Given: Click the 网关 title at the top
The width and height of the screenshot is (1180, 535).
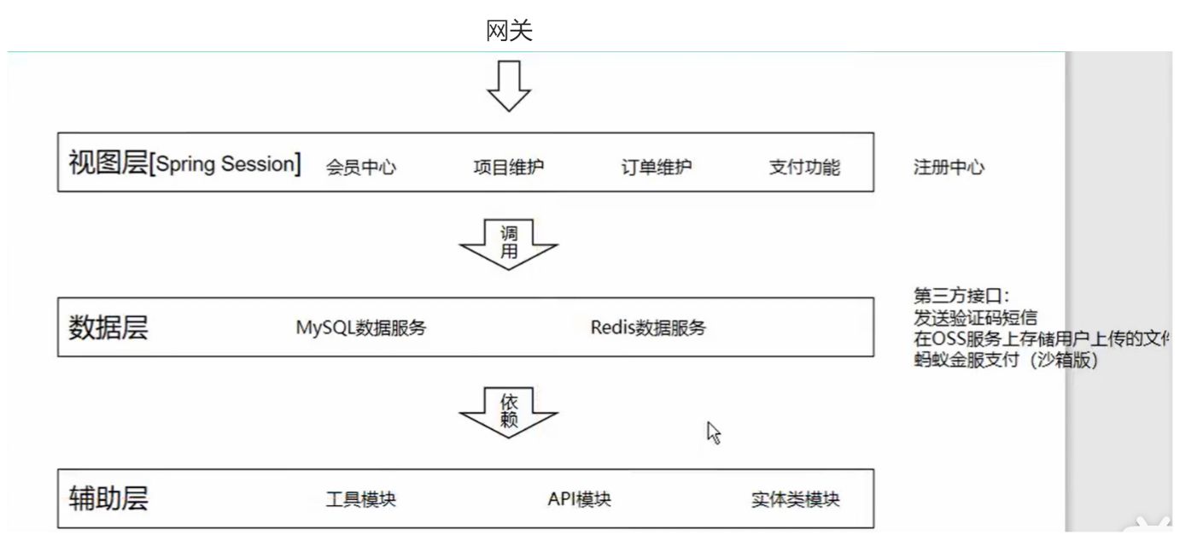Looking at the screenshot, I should [x=510, y=32].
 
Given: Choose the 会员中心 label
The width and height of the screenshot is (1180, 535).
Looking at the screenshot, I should [x=361, y=168].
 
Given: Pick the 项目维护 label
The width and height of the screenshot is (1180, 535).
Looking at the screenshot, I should [x=509, y=168].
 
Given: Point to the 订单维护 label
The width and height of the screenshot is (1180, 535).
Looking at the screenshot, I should [x=657, y=168].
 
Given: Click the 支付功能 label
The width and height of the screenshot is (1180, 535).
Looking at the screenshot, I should [x=804, y=168].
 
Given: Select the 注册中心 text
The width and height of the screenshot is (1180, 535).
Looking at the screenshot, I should [x=949, y=168].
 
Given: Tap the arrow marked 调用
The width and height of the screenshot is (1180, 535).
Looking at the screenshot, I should [x=509, y=244].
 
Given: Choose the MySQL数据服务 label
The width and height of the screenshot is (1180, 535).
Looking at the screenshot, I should [x=361, y=327].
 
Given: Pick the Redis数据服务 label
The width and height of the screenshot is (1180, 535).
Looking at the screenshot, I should [x=649, y=327].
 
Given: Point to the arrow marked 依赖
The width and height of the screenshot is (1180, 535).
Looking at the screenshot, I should [x=509, y=411].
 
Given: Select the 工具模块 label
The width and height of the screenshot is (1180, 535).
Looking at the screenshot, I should [x=361, y=500].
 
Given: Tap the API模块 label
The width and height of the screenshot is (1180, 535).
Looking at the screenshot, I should [x=580, y=500].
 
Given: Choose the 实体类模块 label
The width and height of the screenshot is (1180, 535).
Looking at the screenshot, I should [x=802, y=500].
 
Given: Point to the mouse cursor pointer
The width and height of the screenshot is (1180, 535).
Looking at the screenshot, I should [x=713, y=432].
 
